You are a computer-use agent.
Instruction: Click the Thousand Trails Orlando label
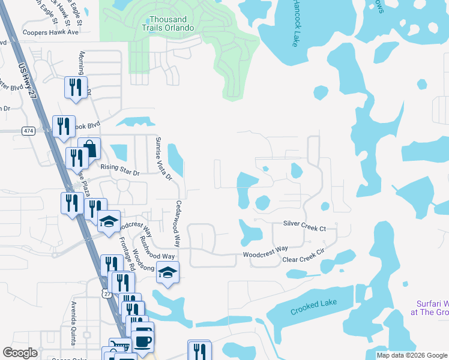tap(168, 23)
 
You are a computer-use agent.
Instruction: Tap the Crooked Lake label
tap(312, 310)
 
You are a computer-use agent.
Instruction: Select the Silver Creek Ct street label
tap(304, 228)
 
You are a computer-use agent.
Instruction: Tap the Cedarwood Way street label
tap(178, 223)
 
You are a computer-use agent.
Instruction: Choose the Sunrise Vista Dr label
tap(160, 158)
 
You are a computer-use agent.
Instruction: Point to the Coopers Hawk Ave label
tap(50, 32)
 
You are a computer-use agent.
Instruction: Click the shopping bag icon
tap(89, 148)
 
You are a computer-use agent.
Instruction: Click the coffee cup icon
tap(142, 340)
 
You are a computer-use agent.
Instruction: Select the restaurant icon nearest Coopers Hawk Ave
tap(76, 88)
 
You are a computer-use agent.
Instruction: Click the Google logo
tap(20, 353)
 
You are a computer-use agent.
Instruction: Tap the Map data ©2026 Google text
tap(411, 355)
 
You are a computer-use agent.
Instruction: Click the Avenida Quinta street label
tap(73, 329)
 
